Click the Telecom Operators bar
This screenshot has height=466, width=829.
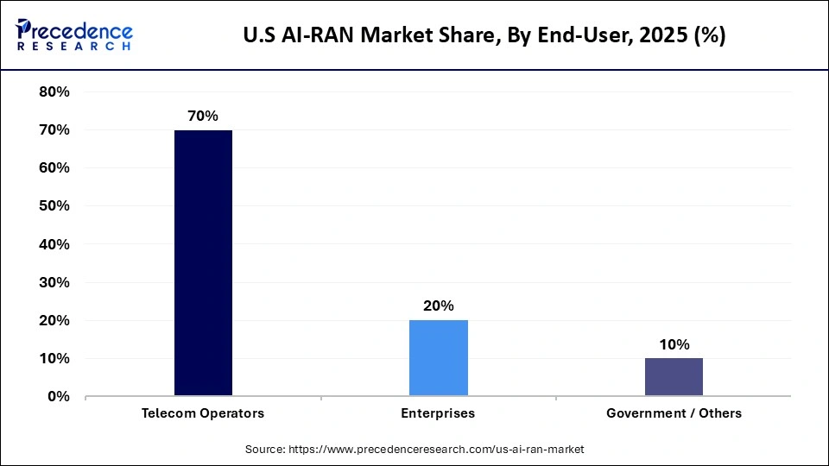pyautogui.click(x=203, y=263)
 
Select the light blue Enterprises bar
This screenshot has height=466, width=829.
pyautogui.click(x=438, y=358)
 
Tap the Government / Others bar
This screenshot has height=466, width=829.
pyautogui.click(x=674, y=377)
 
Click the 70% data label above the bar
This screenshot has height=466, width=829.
pyautogui.click(x=203, y=116)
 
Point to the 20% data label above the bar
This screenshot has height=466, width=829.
pyautogui.click(x=438, y=305)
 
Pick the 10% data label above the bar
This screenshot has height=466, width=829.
pyautogui.click(x=674, y=344)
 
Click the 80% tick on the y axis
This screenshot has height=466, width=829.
pyautogui.click(x=54, y=91)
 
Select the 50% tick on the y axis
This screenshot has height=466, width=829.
pyautogui.click(x=54, y=205)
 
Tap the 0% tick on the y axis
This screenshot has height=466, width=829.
pyautogui.click(x=58, y=396)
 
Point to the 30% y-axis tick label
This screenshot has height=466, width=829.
pyautogui.click(x=54, y=282)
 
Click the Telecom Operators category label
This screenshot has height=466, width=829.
pyautogui.click(x=203, y=413)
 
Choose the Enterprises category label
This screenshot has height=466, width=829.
pyautogui.click(x=438, y=413)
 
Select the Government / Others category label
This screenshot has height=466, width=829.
pyautogui.click(x=674, y=413)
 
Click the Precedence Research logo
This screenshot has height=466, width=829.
pyautogui.click(x=74, y=35)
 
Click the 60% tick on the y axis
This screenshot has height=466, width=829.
pyautogui.click(x=54, y=167)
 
